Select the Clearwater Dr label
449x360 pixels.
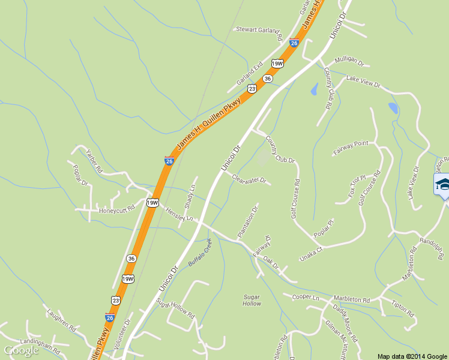pos(249,179)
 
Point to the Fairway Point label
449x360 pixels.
pos(351,148)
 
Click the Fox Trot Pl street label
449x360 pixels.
pos(357,187)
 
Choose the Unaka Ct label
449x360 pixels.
pos(312,254)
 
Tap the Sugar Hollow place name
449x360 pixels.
pos(252,300)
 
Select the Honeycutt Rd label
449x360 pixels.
pos(116,209)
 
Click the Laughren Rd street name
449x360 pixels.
pos(61,320)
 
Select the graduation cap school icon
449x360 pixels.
pos(442,184)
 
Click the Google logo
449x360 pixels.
pos(22,350)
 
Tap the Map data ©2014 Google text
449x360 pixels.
pos(412,356)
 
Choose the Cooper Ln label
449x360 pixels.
pos(305,298)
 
